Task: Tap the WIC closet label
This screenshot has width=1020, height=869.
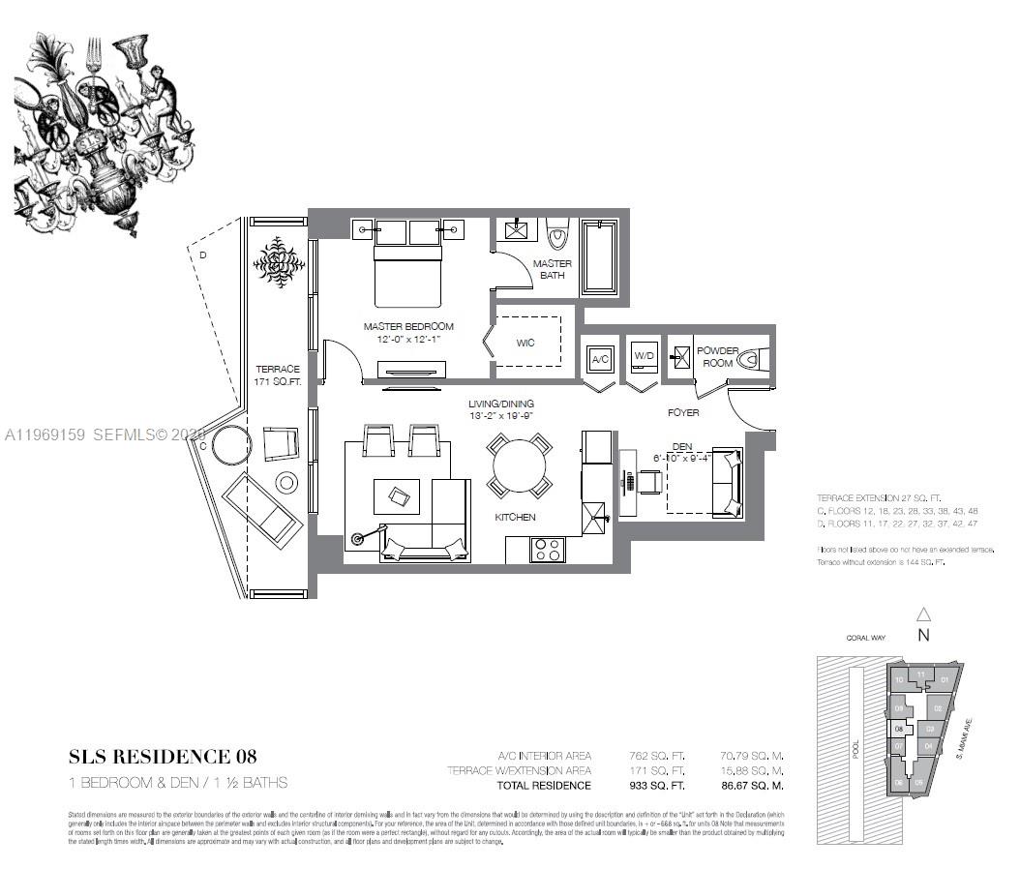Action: tap(525, 343)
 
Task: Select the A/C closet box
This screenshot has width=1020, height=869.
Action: tap(600, 360)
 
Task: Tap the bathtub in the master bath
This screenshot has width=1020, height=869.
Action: tap(599, 257)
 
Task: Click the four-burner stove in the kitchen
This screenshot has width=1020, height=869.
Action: tap(547, 549)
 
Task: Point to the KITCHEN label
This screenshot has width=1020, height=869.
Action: tap(515, 518)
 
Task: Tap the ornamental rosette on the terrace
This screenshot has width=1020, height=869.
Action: tap(280, 261)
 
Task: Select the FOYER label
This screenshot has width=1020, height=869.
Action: tap(683, 413)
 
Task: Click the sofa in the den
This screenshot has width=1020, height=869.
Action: tap(727, 481)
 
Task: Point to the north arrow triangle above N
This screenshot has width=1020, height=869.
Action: tap(923, 614)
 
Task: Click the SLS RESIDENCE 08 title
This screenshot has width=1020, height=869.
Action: tap(163, 756)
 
